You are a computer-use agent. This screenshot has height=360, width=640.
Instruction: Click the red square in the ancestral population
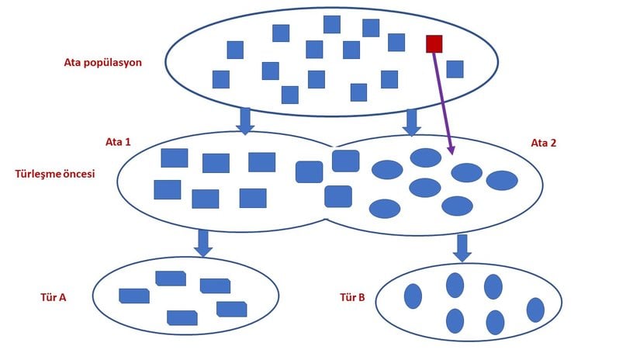434,43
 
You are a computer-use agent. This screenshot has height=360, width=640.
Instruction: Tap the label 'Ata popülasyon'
102,62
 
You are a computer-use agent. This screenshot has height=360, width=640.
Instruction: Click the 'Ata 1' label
118,142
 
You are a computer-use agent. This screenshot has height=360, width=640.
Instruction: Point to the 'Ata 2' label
543,143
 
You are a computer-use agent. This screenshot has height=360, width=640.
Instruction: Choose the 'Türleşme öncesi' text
55,174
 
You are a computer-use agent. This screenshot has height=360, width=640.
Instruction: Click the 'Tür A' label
53,296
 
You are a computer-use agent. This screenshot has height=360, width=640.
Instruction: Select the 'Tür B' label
352,297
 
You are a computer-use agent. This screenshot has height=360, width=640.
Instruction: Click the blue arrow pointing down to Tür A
203,242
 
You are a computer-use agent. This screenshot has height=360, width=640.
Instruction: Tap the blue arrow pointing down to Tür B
462,247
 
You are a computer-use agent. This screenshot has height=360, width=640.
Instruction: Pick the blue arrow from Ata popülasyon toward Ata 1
245,121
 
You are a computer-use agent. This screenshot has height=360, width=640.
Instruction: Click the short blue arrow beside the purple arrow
413,121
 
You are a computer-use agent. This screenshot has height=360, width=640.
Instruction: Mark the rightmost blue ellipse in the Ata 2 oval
502,181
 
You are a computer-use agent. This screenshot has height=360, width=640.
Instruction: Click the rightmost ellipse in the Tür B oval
535,310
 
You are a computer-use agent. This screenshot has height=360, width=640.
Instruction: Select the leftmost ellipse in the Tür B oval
413,296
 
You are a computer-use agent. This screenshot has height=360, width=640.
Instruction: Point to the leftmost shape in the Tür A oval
133,296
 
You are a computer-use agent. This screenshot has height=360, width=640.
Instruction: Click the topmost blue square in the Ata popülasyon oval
332,24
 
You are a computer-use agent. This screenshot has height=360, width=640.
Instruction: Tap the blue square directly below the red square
455,69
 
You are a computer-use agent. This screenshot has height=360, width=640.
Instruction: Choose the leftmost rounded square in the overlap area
309,171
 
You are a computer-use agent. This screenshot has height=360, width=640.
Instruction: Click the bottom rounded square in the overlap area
337,196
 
